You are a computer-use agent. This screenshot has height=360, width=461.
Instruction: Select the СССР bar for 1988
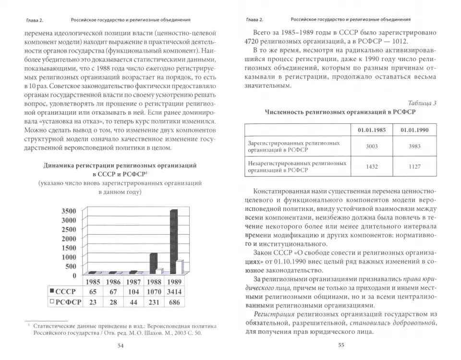point(153,264)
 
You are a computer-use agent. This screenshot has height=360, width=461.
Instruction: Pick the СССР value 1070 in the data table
point(154,292)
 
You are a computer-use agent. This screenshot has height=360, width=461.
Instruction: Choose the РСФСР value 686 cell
point(175,302)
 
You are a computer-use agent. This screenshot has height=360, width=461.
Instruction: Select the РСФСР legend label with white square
point(65,302)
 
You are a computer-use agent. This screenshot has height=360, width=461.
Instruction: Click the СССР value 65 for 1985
point(93,292)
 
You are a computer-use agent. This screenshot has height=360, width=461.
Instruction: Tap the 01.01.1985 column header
point(372,130)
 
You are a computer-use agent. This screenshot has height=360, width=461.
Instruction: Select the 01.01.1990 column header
point(414,130)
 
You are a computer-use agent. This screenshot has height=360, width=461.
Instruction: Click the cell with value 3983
point(414,146)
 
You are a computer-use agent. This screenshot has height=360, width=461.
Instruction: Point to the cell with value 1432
point(372,167)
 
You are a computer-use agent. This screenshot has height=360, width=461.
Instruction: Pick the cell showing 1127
point(414,167)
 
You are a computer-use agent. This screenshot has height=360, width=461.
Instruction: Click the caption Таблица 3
point(422,103)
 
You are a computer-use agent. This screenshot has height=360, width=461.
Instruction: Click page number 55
point(341,345)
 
